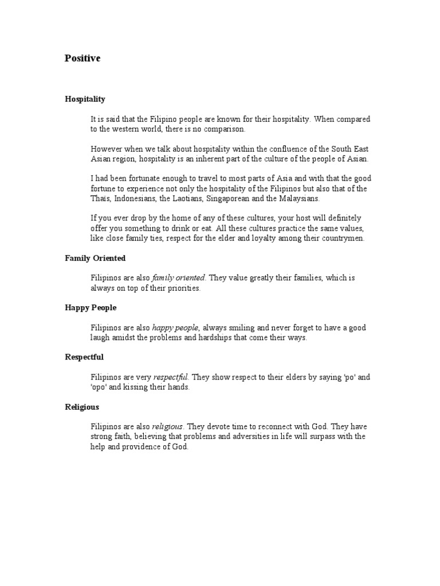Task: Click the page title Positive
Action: coord(82,58)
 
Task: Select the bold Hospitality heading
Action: coord(85,99)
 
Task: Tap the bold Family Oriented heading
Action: coord(95,258)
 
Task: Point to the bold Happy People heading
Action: coord(91,308)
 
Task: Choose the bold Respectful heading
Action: coord(84,357)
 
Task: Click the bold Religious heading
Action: coord(82,407)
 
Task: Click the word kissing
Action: coord(133,387)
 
